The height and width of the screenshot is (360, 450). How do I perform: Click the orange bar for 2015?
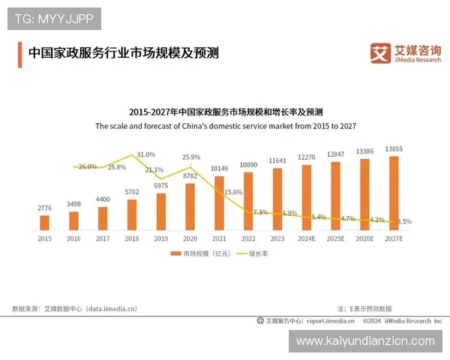click(x=44, y=222)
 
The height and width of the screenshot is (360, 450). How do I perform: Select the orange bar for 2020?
click(x=190, y=205)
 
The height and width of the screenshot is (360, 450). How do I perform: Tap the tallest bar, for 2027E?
click(x=394, y=192)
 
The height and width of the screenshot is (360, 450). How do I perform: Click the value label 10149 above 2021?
click(x=219, y=168)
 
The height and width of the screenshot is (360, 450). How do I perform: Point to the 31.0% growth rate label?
click(x=145, y=154)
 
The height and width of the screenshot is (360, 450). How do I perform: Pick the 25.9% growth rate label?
click(x=191, y=157)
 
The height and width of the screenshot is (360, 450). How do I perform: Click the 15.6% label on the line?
click(x=233, y=192)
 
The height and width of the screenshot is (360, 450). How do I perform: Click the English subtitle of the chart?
click(x=225, y=127)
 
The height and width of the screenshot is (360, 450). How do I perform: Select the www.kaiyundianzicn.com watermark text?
click(x=365, y=341)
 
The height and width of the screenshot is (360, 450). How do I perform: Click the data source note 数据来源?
click(x=75, y=307)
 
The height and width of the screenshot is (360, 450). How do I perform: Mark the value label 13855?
click(x=394, y=149)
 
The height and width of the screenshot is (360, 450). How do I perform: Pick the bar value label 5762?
click(x=131, y=192)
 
